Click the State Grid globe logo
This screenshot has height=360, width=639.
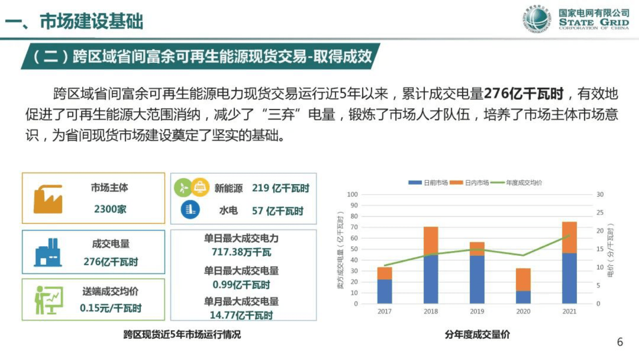[x=537, y=19]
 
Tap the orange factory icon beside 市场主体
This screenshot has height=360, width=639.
[x=48, y=199]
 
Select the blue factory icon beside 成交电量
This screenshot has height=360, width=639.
[x=48, y=252]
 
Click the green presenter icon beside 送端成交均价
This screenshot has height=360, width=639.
[x=48, y=300]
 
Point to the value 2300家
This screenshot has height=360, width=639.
[x=110, y=209]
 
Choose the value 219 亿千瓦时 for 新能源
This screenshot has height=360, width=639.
[x=281, y=188]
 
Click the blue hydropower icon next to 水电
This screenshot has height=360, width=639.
[x=190, y=210]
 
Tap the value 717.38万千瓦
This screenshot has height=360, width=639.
[x=241, y=252]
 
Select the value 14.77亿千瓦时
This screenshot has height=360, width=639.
[x=241, y=315]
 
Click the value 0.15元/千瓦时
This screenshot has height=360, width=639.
[x=111, y=308]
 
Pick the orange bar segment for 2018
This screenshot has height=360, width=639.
[x=431, y=241]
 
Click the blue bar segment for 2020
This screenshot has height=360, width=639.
[x=523, y=297]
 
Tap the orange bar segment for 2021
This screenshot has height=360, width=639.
[x=569, y=237]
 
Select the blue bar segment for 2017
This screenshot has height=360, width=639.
[x=385, y=292]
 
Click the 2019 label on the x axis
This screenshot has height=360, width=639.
[x=477, y=311]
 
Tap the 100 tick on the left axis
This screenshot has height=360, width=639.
[x=352, y=194]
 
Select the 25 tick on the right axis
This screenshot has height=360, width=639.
[x=600, y=213]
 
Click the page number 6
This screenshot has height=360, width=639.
[x=620, y=342]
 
